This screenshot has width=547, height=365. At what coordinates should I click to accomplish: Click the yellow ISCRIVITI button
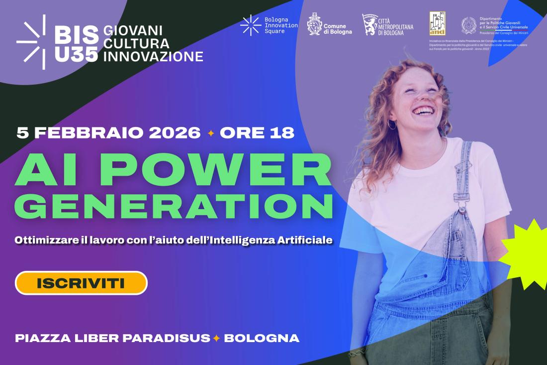(x=81, y=283)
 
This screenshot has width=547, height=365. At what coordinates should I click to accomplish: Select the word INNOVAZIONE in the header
(x=153, y=56)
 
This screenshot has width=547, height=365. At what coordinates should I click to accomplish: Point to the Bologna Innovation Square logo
(x=251, y=25)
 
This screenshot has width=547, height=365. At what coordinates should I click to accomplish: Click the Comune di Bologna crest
(x=314, y=24)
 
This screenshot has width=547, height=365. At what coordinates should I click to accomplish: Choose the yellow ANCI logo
(x=437, y=23)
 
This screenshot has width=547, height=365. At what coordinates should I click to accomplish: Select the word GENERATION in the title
(x=174, y=205)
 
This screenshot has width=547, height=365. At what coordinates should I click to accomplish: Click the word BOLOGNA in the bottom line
(x=262, y=338)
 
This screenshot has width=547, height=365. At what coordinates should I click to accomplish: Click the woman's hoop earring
(x=392, y=124)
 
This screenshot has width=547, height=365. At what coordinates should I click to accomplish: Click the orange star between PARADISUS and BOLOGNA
(x=216, y=339)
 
